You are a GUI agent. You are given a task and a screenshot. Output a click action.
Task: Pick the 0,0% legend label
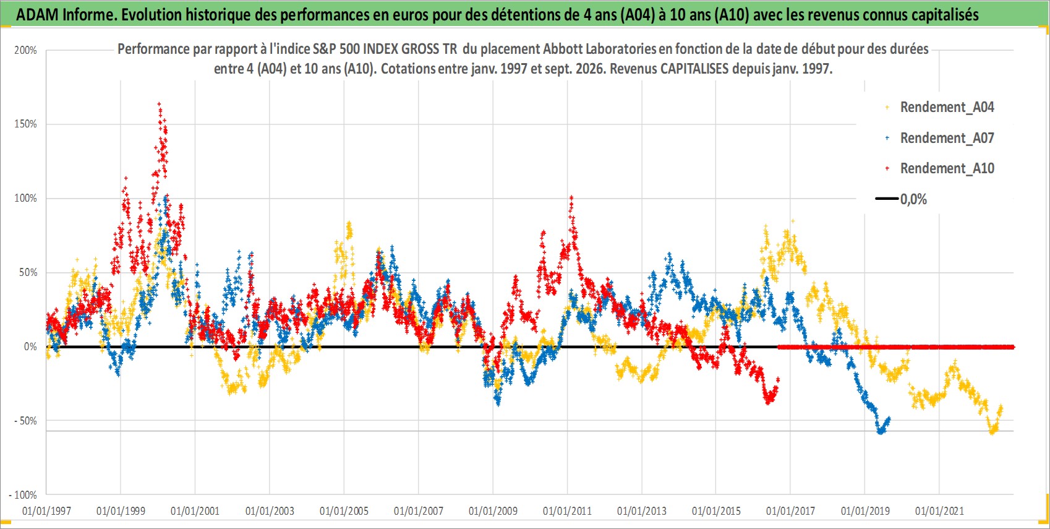click(913, 199)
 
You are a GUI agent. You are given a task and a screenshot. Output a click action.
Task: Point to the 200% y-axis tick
click(25, 50)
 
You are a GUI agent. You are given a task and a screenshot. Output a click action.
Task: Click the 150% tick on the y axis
click(25, 124)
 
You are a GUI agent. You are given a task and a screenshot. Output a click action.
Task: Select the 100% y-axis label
click(25, 198)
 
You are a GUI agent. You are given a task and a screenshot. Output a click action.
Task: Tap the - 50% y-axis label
click(25, 421)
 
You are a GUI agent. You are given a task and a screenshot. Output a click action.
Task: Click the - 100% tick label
click(22, 495)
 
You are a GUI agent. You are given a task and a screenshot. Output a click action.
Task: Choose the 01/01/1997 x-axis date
click(46, 510)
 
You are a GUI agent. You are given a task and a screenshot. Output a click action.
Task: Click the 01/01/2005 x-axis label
click(344, 510)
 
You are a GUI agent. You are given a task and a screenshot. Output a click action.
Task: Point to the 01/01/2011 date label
click(567, 510)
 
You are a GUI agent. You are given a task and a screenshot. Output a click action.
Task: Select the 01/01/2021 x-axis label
click(939, 510)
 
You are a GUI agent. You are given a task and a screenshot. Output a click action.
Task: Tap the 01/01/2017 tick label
click(790, 510)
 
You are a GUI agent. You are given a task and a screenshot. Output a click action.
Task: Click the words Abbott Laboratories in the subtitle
click(600, 49)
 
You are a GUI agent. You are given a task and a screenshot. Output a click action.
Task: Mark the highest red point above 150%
click(160, 104)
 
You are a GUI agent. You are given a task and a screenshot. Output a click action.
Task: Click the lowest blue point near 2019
click(881, 432)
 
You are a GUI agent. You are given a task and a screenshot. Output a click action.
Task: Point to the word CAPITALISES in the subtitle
click(694, 69)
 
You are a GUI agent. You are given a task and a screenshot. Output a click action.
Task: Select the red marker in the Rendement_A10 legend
click(887, 168)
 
